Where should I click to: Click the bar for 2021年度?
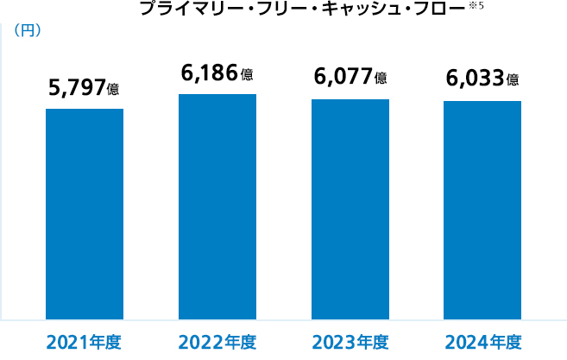click(84, 214)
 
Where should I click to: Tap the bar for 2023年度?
click(350, 210)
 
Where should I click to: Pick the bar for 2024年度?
click(482, 211)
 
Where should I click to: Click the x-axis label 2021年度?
click(84, 342)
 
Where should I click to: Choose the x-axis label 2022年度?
click(217, 342)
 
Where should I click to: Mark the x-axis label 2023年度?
click(350, 342)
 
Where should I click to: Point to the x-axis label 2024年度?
click(482, 342)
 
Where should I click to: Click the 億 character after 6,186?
click(248, 74)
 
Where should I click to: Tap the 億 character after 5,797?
click(113, 89)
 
